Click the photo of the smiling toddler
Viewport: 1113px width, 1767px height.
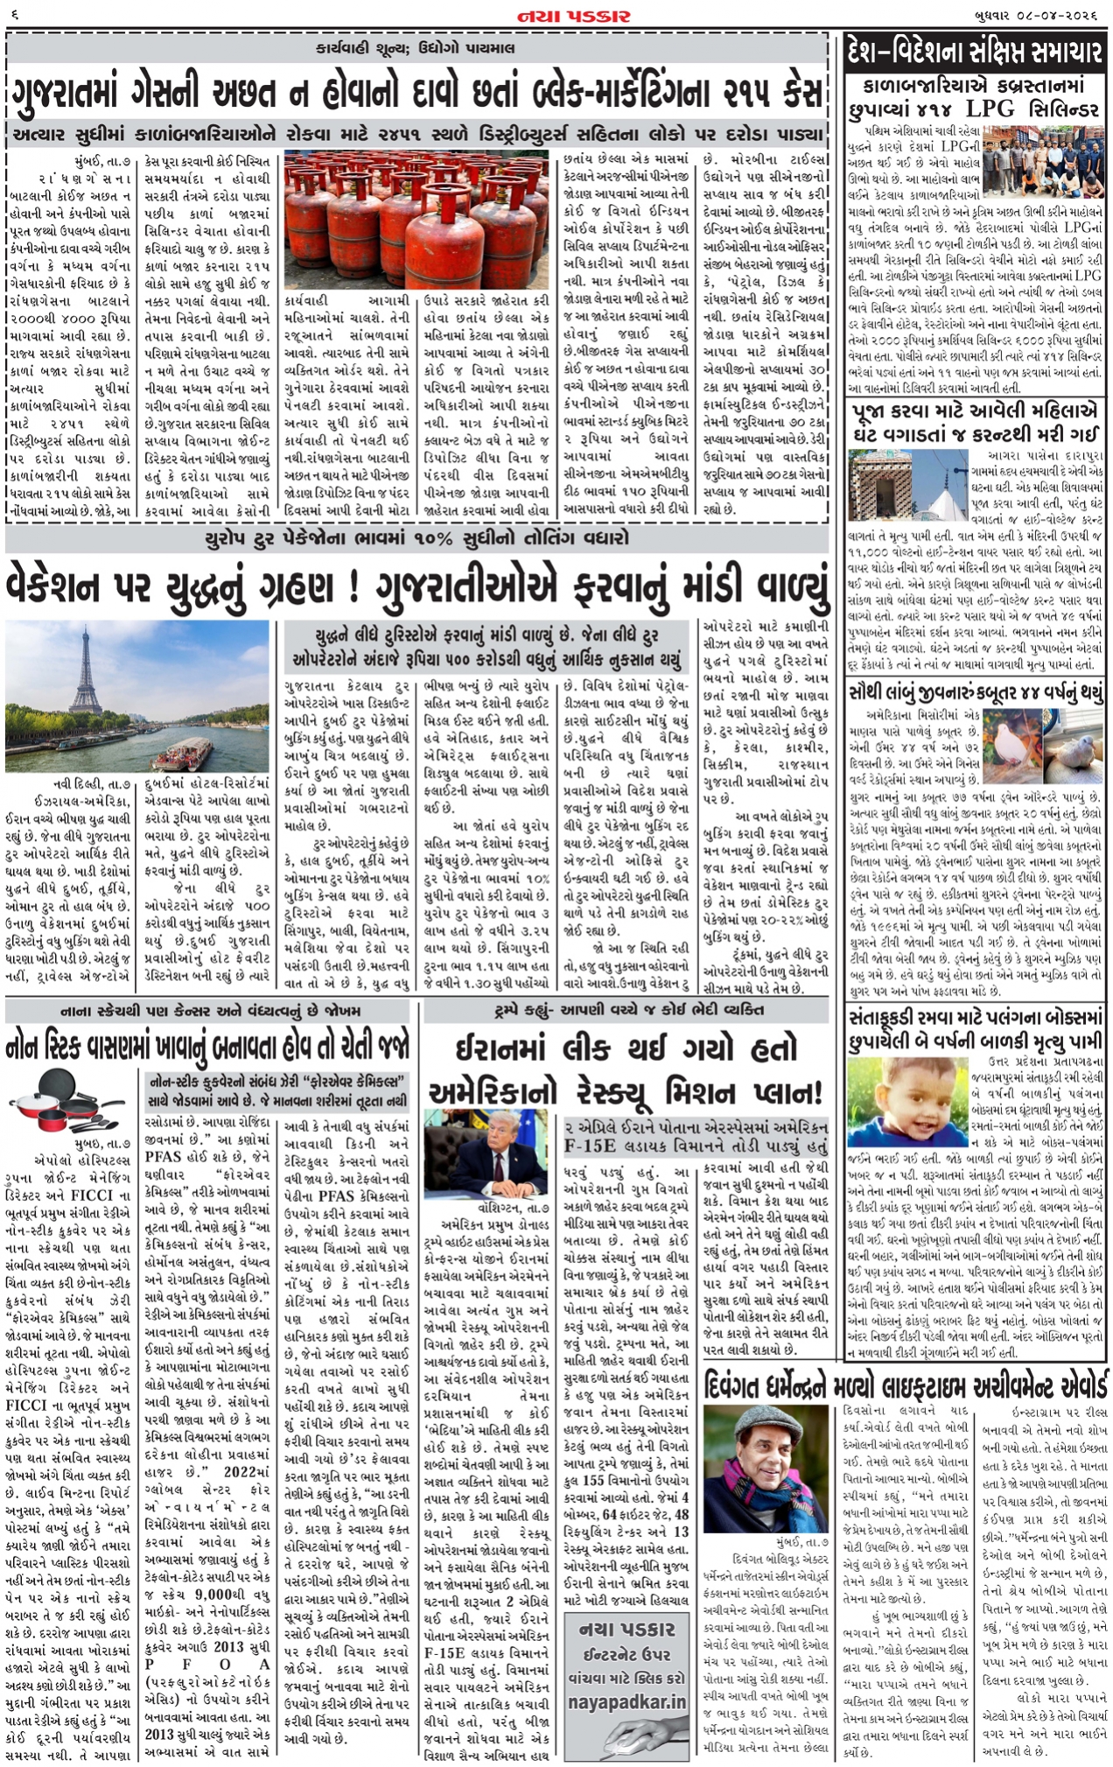906,1104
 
